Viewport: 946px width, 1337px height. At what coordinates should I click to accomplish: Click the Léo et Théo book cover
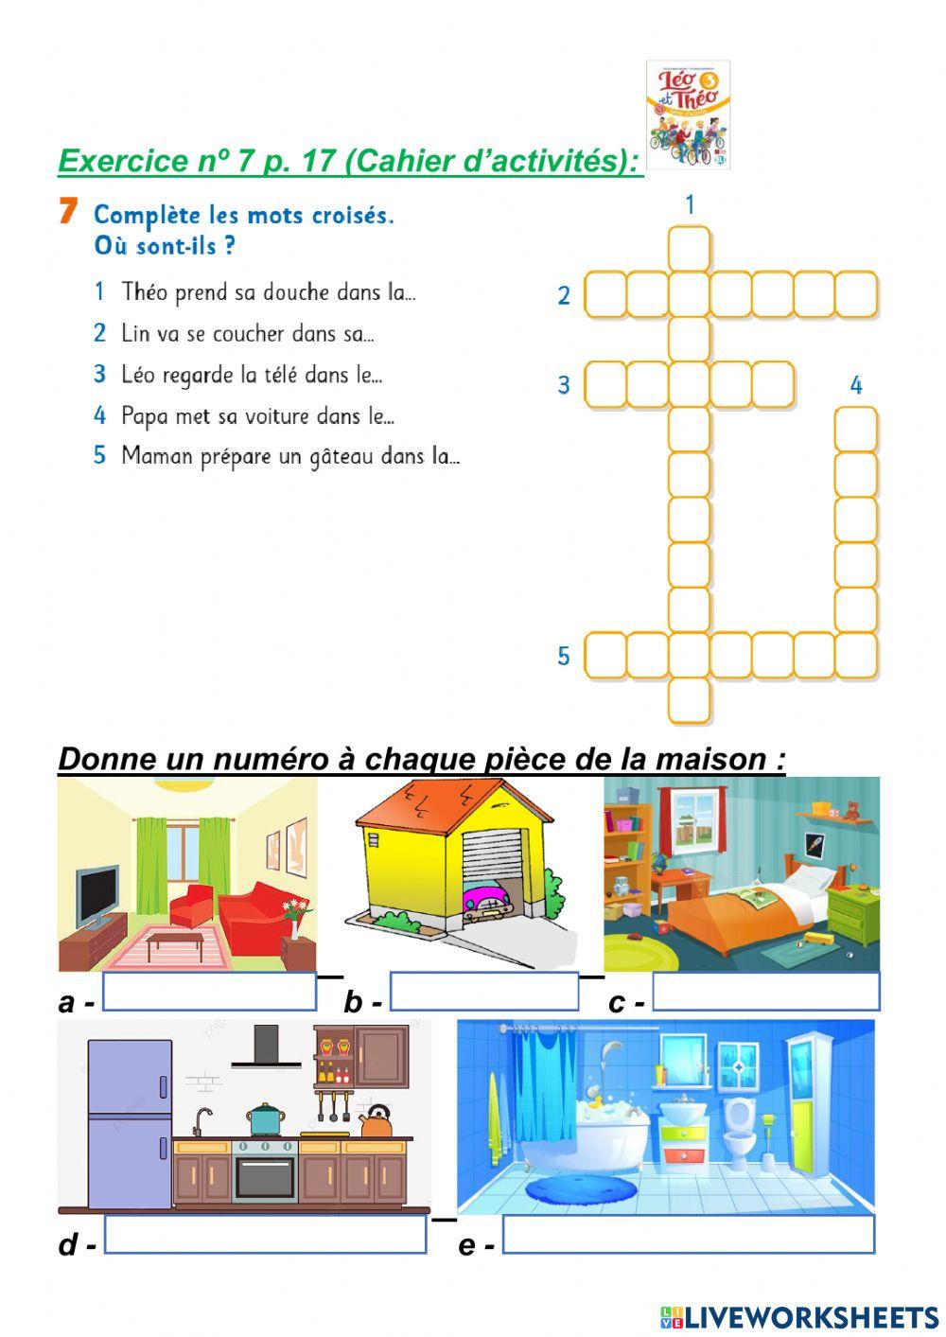(x=688, y=114)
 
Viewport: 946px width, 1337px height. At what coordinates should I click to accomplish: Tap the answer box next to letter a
(x=209, y=992)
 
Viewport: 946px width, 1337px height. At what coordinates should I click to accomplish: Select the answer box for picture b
(x=483, y=992)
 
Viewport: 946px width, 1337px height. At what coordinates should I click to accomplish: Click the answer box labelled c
(x=766, y=992)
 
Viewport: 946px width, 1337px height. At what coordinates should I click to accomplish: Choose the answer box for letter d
(x=266, y=1234)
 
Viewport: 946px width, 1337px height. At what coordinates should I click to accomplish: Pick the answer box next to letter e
(x=689, y=1234)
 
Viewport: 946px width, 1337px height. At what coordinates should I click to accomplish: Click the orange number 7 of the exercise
(x=67, y=212)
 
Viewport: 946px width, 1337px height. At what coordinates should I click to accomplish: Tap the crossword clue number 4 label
(x=856, y=385)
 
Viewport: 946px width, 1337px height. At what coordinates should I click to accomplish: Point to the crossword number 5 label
(x=564, y=656)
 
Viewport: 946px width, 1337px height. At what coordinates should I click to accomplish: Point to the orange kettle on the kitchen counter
(x=377, y=1121)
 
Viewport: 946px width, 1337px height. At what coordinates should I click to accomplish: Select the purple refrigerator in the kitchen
(x=130, y=1123)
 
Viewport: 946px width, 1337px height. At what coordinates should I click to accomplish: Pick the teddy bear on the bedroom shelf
(x=851, y=810)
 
